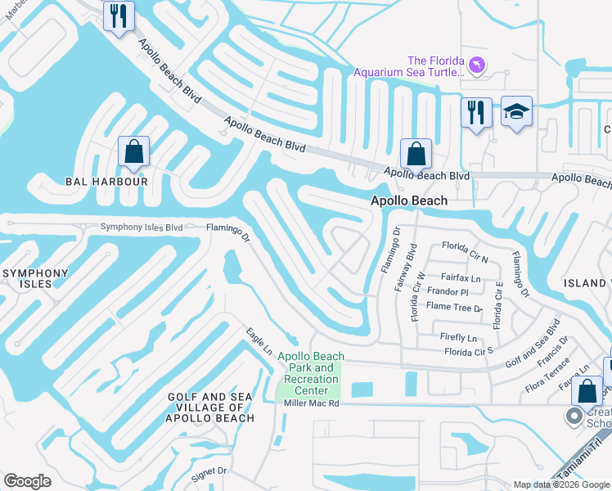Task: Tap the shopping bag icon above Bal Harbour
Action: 133,151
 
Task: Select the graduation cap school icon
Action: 516,112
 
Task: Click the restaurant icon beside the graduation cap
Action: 476,112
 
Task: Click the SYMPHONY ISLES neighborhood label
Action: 26,278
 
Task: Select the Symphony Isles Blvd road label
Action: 142,227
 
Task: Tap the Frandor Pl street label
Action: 448,292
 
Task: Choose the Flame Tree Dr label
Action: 455,307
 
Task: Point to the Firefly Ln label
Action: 458,337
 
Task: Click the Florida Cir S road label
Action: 468,351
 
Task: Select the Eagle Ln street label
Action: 259,342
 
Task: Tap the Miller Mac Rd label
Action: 311,404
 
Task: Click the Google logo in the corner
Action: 27,481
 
